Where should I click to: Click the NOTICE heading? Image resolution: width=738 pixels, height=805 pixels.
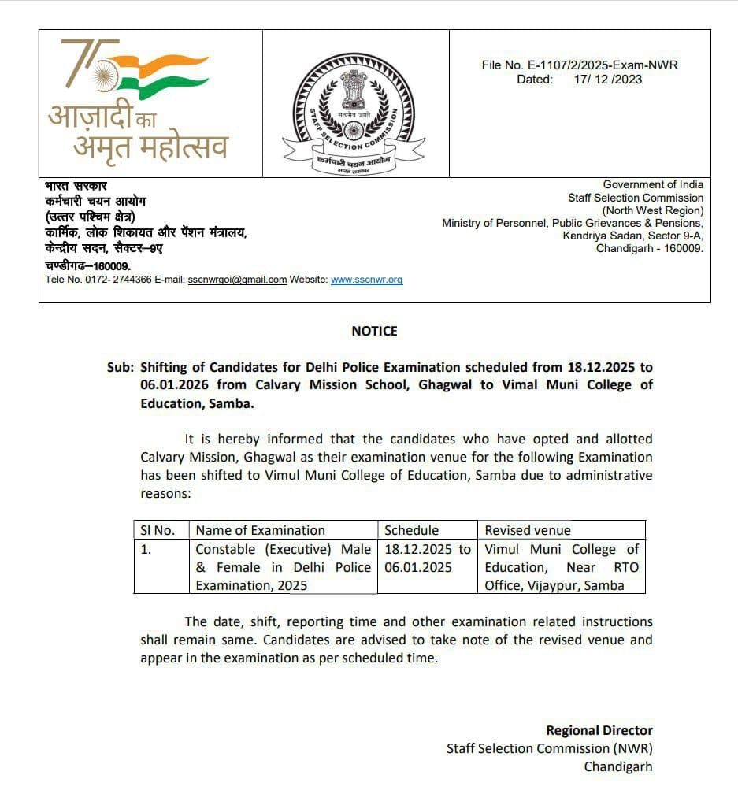coord(374,331)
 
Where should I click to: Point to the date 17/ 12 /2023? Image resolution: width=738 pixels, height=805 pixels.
coord(607,79)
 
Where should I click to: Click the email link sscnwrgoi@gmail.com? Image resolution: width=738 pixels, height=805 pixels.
coord(237,280)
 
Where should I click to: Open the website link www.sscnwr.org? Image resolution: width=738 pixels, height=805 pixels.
coord(366,280)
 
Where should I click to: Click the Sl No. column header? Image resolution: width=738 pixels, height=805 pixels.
coord(158,530)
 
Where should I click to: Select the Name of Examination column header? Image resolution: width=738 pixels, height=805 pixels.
coord(260,530)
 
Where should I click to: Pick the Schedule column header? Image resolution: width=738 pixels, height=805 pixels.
coord(411,530)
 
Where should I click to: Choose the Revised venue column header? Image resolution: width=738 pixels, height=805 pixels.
coord(527,530)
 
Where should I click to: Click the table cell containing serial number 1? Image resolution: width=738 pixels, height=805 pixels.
coord(146,549)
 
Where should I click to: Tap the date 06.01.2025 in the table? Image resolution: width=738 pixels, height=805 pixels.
coord(418,567)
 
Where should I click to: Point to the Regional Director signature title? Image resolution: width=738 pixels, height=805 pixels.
coord(599,730)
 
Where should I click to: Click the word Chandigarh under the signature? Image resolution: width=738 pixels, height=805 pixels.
coord(617,766)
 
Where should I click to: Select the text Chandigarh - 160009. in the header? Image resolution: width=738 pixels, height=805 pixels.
coord(649,248)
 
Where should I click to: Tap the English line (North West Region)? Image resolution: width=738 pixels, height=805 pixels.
coord(652,210)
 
